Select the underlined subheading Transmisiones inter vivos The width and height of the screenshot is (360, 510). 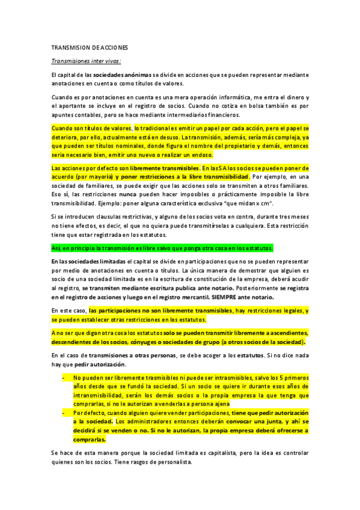87,61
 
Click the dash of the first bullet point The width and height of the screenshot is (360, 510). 64,378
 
